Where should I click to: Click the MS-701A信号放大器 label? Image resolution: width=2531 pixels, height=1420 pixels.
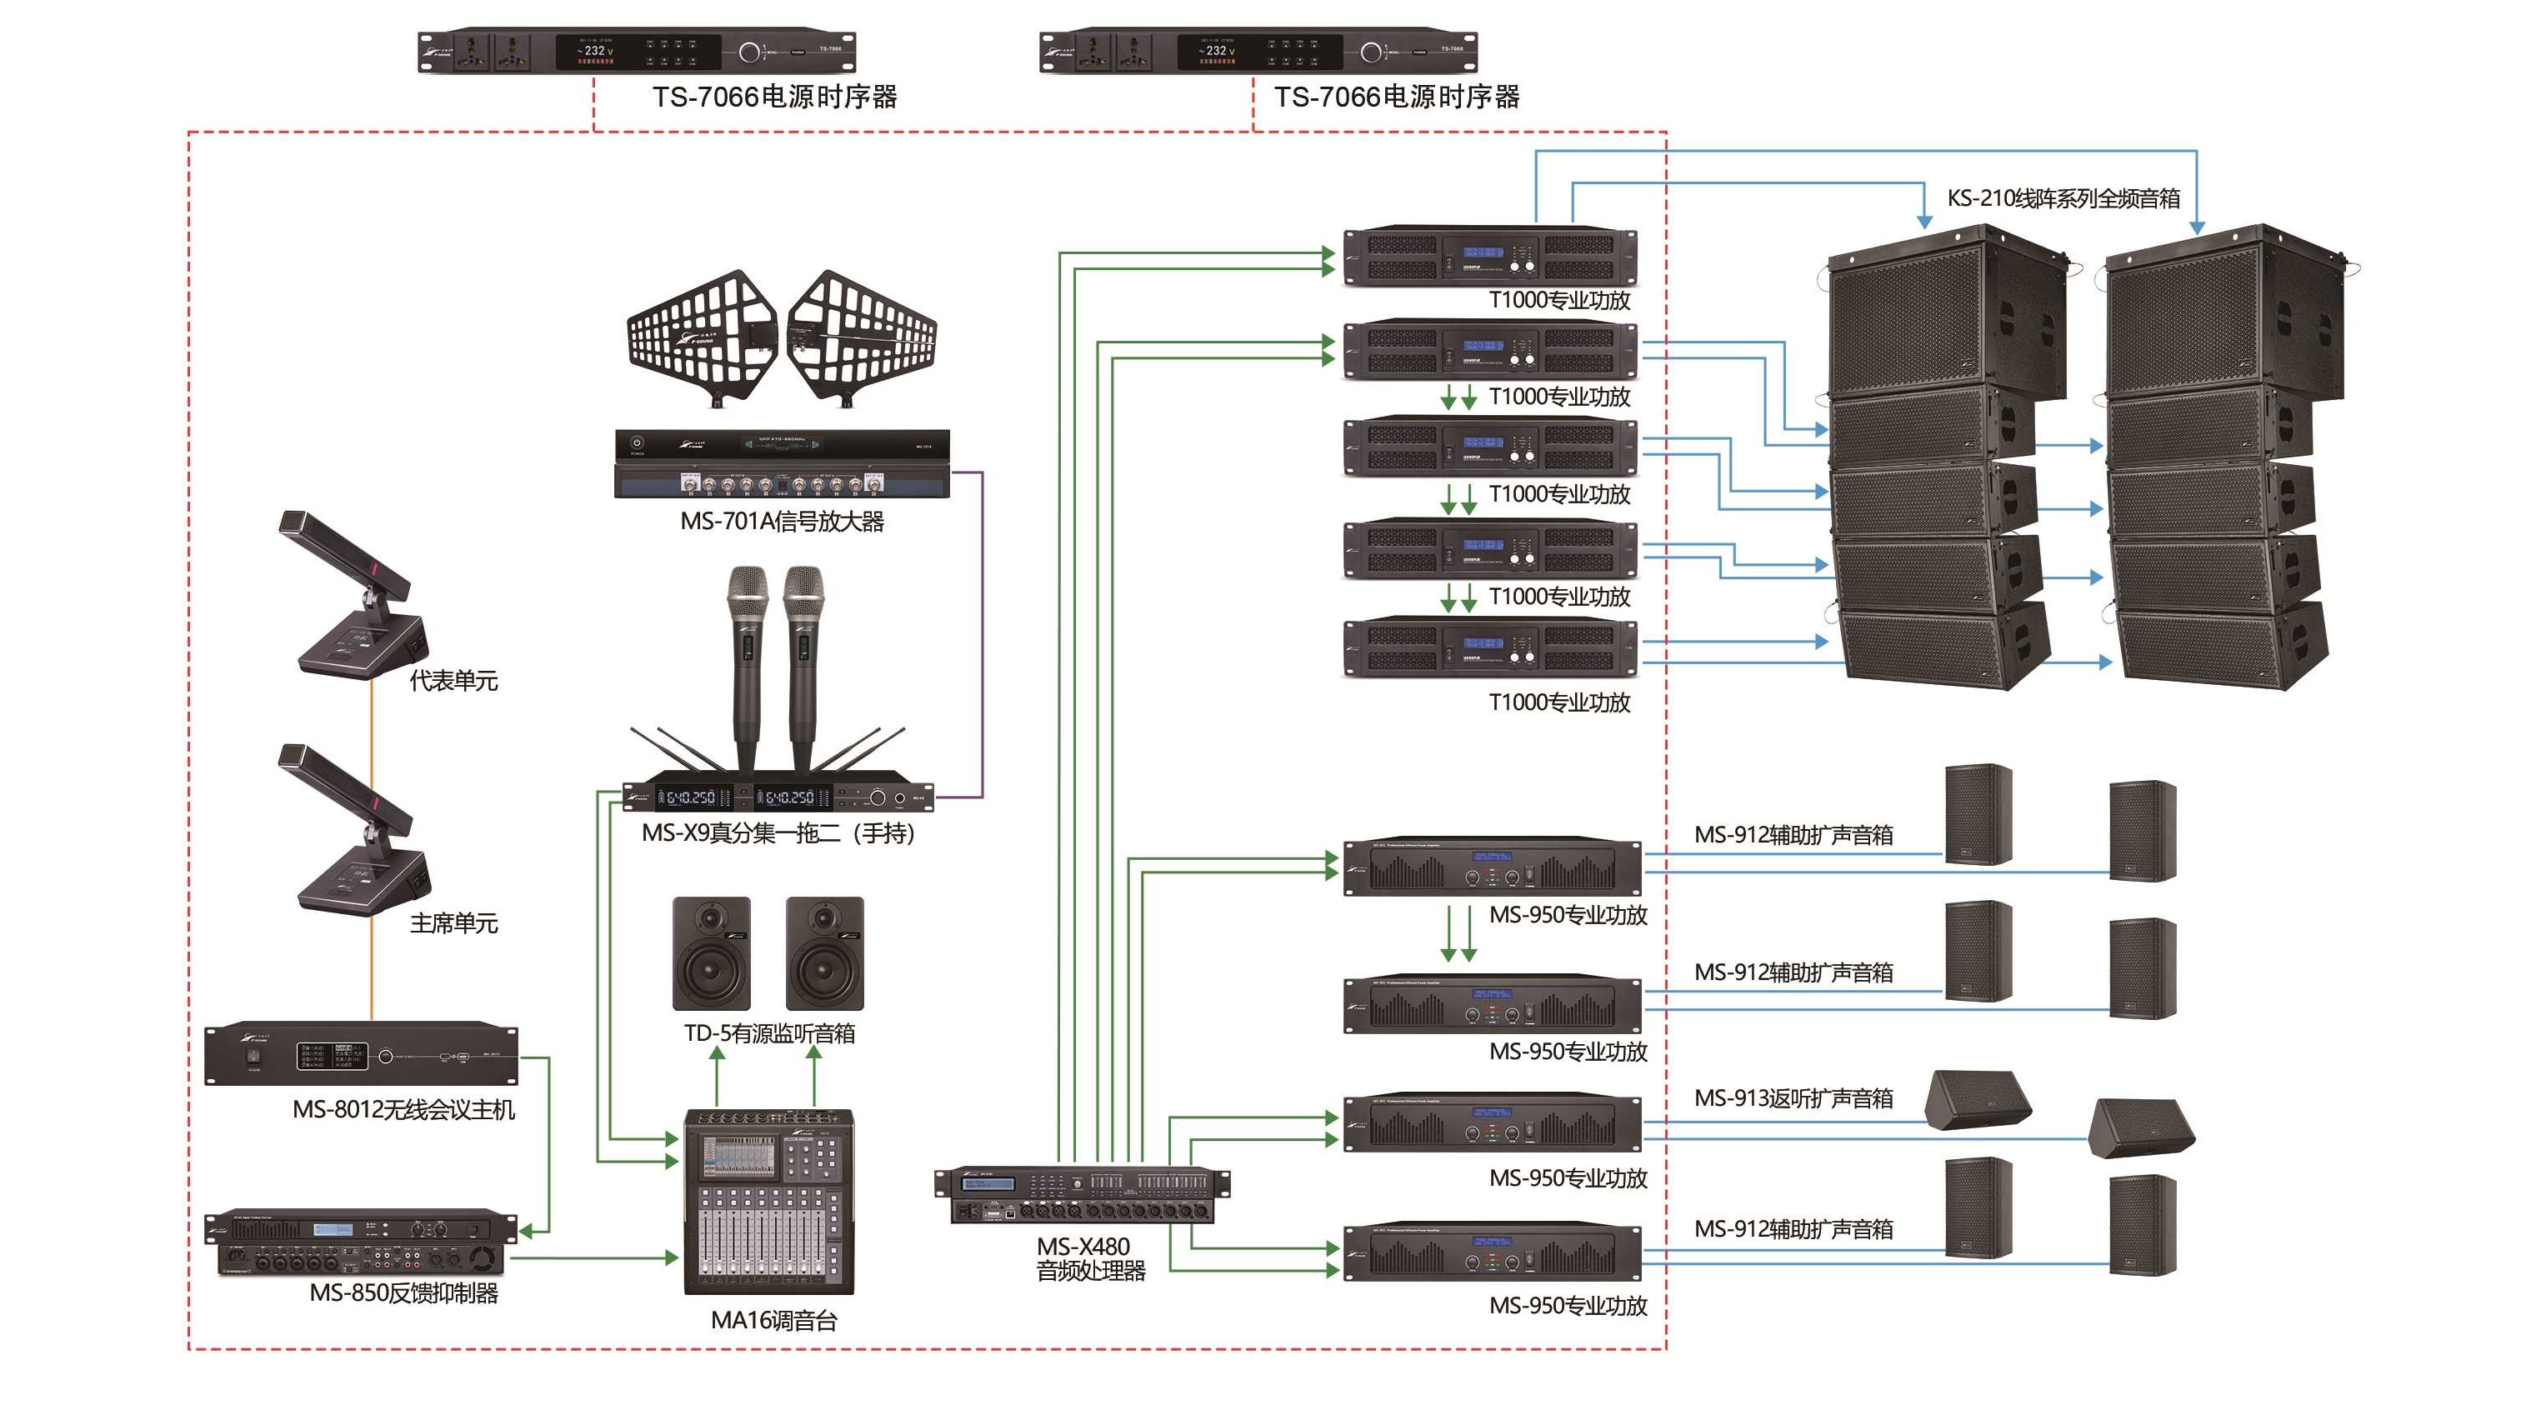[782, 522]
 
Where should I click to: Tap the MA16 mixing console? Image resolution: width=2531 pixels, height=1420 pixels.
[768, 1201]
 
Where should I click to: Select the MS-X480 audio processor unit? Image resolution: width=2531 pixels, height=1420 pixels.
[1081, 1195]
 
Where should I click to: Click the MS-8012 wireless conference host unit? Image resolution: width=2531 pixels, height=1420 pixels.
[361, 1054]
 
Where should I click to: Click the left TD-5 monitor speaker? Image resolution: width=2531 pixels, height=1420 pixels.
[712, 953]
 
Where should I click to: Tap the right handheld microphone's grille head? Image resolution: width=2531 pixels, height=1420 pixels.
[803, 590]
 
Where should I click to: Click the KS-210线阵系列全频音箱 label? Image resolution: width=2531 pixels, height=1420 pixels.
[2063, 198]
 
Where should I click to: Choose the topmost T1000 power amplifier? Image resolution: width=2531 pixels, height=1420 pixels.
[1489, 257]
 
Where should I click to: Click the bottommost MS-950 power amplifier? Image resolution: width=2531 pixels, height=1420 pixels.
[1492, 1254]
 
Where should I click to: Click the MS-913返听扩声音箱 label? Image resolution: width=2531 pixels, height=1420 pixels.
[1793, 1098]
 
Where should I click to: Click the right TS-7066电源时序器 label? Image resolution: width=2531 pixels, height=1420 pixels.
[1396, 97]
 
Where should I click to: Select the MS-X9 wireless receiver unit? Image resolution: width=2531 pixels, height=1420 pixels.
[778, 797]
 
